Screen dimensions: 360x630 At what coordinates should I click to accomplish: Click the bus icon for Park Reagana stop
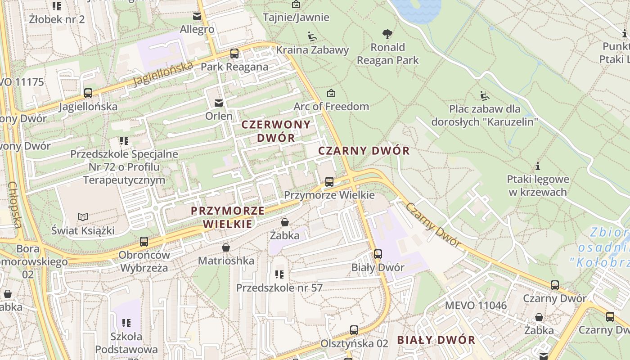[234, 54]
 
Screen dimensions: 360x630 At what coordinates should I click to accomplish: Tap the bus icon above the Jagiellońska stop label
[88, 93]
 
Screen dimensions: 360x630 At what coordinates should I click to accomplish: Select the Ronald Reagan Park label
[387, 54]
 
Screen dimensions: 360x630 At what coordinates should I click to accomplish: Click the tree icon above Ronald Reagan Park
[387, 34]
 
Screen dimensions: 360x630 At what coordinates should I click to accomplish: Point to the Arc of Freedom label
[331, 107]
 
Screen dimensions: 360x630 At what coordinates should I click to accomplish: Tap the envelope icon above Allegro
[197, 16]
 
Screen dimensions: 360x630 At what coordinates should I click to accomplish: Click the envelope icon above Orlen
[219, 103]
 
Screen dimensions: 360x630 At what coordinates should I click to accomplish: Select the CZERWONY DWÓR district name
[276, 131]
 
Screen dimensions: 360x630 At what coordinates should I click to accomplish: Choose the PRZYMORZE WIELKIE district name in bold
[228, 217]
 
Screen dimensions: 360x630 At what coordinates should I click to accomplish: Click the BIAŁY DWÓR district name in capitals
[436, 340]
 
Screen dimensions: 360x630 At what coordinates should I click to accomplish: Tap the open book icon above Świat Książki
[83, 217]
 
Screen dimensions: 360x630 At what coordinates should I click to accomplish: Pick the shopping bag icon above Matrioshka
[226, 247]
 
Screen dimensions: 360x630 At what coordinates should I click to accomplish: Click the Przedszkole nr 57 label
[279, 288]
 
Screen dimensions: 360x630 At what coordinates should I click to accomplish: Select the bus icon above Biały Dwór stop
[378, 254]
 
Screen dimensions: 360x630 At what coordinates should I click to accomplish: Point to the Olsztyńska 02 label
[354, 343]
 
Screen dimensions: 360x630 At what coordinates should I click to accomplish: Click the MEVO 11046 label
[476, 306]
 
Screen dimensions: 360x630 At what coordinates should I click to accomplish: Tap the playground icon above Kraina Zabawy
[312, 36]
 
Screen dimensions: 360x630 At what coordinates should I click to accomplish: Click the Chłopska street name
[14, 205]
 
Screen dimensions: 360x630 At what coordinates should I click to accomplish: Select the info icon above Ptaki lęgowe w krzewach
[537, 166]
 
